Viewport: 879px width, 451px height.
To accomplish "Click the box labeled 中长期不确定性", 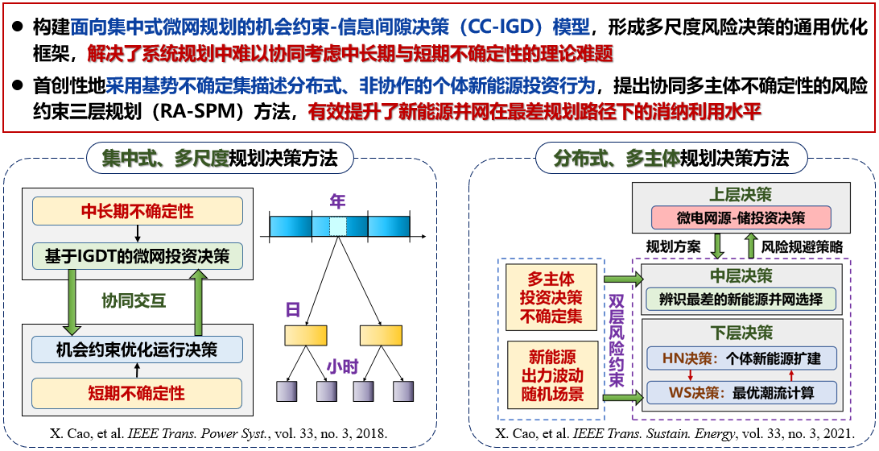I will click(x=137, y=211).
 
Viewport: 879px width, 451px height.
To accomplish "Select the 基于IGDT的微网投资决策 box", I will click(x=137, y=256).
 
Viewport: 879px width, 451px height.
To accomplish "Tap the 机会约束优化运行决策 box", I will click(x=137, y=350).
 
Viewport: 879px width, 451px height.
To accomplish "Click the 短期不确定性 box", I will click(x=137, y=394).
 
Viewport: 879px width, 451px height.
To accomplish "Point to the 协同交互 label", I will click(x=134, y=301).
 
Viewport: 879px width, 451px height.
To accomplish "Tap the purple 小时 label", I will click(x=344, y=366).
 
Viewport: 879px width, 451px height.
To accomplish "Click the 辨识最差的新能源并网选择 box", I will click(x=741, y=300).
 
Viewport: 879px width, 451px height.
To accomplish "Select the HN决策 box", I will click(x=741, y=358).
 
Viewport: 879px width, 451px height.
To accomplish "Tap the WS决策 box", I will click(x=741, y=393).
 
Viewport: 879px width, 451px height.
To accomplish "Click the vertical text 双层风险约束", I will click(x=616, y=338).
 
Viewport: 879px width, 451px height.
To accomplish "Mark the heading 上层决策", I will click(x=740, y=194).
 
